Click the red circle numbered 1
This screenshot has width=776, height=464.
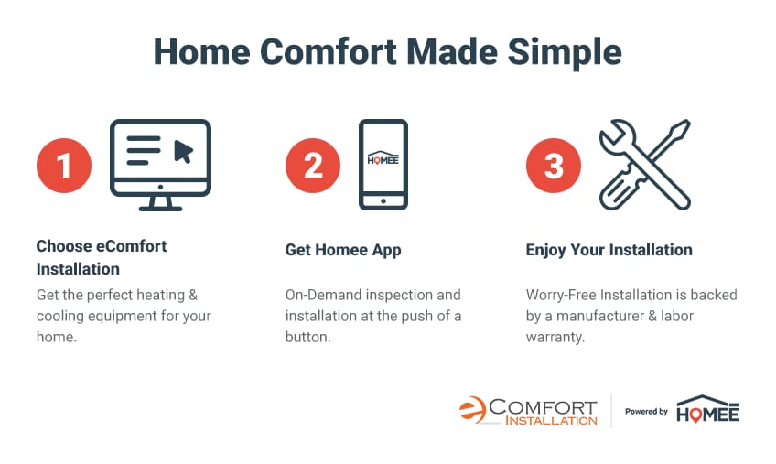pyautogui.click(x=64, y=166)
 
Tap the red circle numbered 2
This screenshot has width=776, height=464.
pyautogui.click(x=313, y=166)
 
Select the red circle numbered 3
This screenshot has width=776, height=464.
pyautogui.click(x=554, y=166)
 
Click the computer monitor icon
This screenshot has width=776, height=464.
pyautogui.click(x=160, y=165)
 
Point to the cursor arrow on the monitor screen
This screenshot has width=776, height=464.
pyautogui.click(x=183, y=151)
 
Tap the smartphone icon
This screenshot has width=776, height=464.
pyautogui.click(x=383, y=165)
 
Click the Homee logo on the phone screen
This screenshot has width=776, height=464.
pyautogui.click(x=383, y=158)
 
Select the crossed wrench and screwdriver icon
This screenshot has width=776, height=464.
pyautogui.click(x=645, y=165)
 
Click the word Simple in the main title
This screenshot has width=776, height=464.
pyautogui.click(x=565, y=52)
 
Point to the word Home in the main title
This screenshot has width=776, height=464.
pyautogui.click(x=202, y=51)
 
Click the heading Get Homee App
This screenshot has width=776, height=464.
pyautogui.click(x=343, y=250)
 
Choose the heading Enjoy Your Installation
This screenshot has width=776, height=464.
pyautogui.click(x=609, y=250)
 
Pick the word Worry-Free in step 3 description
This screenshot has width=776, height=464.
pyautogui.click(x=561, y=295)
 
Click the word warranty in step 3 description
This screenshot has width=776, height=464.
pyautogui.click(x=555, y=337)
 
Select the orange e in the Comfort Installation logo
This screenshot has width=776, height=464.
pyautogui.click(x=472, y=409)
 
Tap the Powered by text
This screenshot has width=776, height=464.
pyautogui.click(x=646, y=412)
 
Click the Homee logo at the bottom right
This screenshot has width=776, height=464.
pyautogui.click(x=707, y=409)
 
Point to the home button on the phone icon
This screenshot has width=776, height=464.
pyautogui.click(x=383, y=201)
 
